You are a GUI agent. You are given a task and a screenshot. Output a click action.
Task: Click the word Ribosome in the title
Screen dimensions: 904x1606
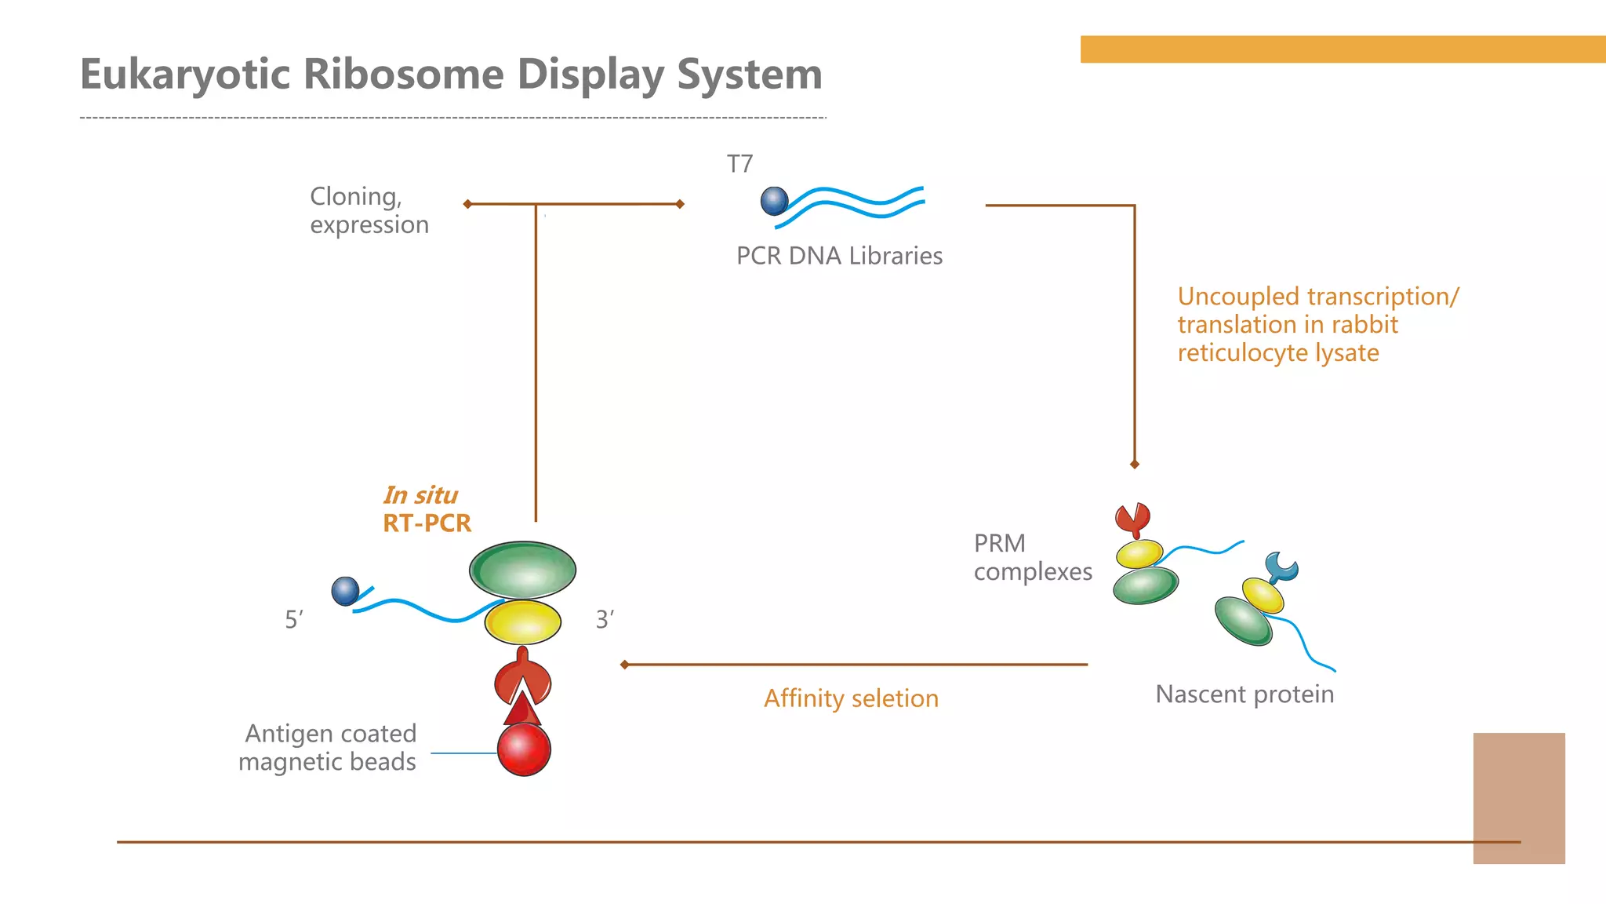(x=402, y=75)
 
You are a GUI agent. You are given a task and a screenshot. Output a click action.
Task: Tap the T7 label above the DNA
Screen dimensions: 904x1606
(x=739, y=164)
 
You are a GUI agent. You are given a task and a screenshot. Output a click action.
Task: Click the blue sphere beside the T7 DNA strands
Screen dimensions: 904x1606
(x=774, y=201)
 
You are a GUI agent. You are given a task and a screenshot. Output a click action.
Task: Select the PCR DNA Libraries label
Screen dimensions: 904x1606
(x=839, y=256)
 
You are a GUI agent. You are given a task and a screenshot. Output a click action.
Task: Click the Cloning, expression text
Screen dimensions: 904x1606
(x=369, y=210)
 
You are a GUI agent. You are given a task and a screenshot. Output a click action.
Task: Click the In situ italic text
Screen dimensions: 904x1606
(x=420, y=495)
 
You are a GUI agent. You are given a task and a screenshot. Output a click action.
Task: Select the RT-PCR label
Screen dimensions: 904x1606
(x=427, y=523)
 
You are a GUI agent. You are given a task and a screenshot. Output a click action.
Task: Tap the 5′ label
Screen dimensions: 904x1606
(x=293, y=620)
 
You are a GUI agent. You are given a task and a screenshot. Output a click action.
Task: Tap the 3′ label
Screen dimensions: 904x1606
(x=605, y=620)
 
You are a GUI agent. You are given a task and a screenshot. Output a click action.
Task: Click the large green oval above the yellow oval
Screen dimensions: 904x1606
(x=522, y=570)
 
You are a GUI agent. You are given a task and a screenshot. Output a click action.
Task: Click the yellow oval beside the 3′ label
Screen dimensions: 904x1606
(x=522, y=623)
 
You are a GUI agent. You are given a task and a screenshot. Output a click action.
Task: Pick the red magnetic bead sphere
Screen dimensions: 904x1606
(x=524, y=749)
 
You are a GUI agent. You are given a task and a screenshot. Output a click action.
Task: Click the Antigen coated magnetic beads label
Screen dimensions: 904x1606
(x=328, y=747)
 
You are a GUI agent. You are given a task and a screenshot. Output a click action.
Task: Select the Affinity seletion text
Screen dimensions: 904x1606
(x=851, y=698)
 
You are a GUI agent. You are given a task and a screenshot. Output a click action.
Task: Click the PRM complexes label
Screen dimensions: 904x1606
(x=1032, y=557)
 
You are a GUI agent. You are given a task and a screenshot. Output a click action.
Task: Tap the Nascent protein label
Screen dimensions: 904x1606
(x=1244, y=694)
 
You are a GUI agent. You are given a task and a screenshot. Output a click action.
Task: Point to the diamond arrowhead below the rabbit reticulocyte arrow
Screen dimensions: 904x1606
(x=1134, y=465)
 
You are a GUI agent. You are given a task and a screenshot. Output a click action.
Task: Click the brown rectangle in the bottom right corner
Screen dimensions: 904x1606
(x=1519, y=798)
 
